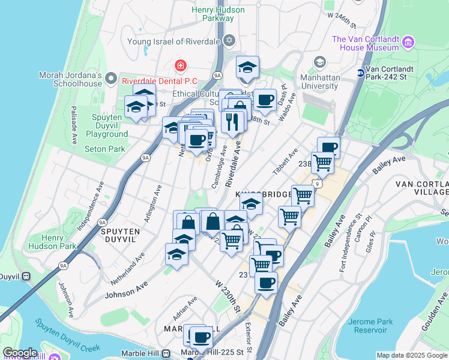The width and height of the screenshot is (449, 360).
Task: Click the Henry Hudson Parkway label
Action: (x=218, y=14)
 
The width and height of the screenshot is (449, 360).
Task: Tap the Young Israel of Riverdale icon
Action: (x=228, y=41)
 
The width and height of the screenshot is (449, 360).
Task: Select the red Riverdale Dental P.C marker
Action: (x=179, y=65)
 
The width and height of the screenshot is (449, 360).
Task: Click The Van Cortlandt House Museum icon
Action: (x=408, y=42)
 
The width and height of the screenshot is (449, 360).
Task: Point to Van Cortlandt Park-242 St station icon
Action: (x=360, y=73)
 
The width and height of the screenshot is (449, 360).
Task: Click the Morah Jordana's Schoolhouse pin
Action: (x=110, y=78)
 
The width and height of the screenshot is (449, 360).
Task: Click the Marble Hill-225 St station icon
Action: (x=165, y=353)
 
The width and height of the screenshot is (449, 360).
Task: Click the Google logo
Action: (x=20, y=353)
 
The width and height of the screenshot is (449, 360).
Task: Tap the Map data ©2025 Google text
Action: (x=412, y=355)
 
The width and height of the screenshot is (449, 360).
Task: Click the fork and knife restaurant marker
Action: (x=232, y=122)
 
